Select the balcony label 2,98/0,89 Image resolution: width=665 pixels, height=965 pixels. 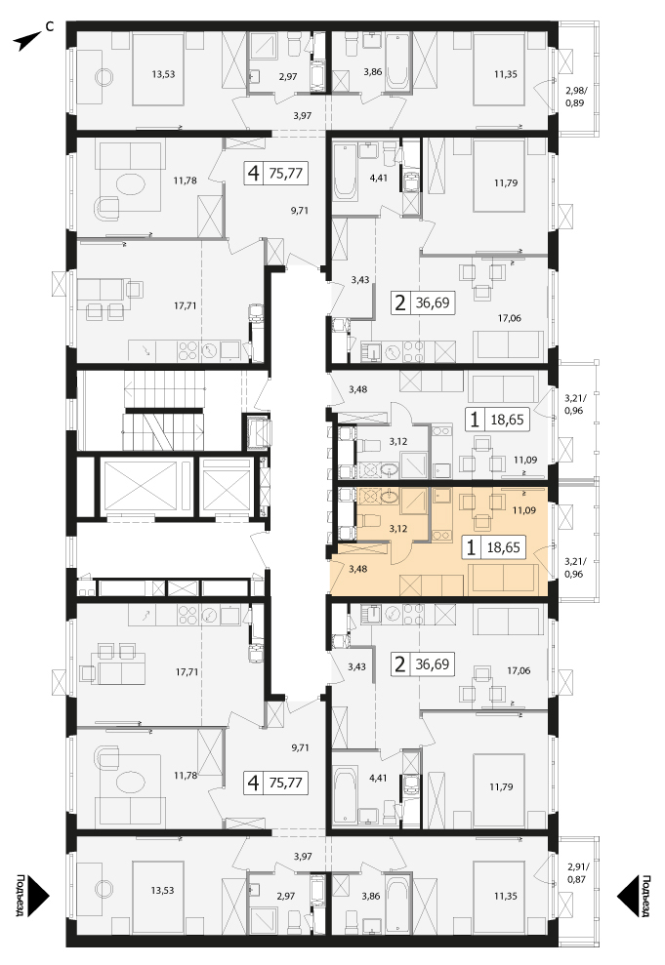pos(574,98)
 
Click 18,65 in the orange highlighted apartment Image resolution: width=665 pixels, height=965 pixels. pos(503,546)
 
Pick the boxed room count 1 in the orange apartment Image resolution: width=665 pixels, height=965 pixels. pos(472,546)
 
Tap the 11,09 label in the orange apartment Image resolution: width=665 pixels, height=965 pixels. pos(523,510)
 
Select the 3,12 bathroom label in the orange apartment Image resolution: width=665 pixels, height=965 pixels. pos(398,528)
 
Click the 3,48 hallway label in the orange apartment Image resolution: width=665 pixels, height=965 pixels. pos(357,569)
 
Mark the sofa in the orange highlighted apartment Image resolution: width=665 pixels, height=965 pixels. pos(504,580)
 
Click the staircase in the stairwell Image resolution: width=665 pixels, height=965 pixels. pos(164,411)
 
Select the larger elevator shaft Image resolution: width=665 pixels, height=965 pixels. pos(141,486)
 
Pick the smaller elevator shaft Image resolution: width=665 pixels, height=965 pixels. pos(228,486)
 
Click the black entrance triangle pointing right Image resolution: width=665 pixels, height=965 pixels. pos(37,897)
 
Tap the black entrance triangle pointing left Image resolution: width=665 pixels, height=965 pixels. pos(628,897)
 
